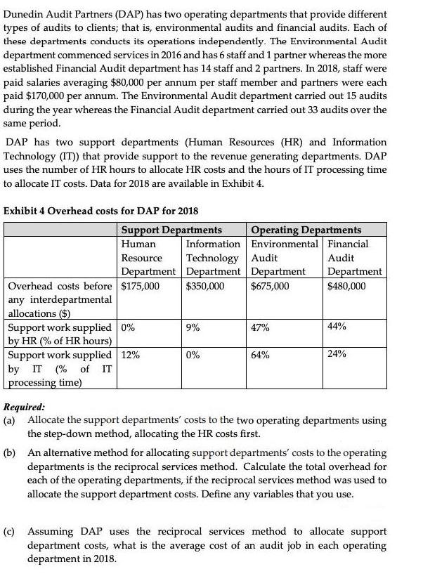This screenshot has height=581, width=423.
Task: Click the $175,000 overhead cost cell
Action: [x=140, y=286]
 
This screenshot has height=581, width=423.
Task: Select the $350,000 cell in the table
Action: [x=205, y=286]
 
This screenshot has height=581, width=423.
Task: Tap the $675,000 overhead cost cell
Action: [x=270, y=286]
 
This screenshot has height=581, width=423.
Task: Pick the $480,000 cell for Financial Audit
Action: [x=347, y=286]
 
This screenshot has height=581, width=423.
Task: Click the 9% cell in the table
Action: [x=193, y=327]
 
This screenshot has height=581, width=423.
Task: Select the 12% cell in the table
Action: [x=130, y=355]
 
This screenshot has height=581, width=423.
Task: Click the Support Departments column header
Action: [x=171, y=230]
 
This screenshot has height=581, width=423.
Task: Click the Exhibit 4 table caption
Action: [x=101, y=211]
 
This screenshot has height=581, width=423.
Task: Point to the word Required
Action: [x=24, y=407]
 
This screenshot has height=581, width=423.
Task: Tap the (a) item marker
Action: [x=11, y=420]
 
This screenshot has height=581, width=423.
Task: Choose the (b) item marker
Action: [x=11, y=453]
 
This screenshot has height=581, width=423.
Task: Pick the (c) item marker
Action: [x=11, y=532]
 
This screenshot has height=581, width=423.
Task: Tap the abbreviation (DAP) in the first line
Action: [x=126, y=15]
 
